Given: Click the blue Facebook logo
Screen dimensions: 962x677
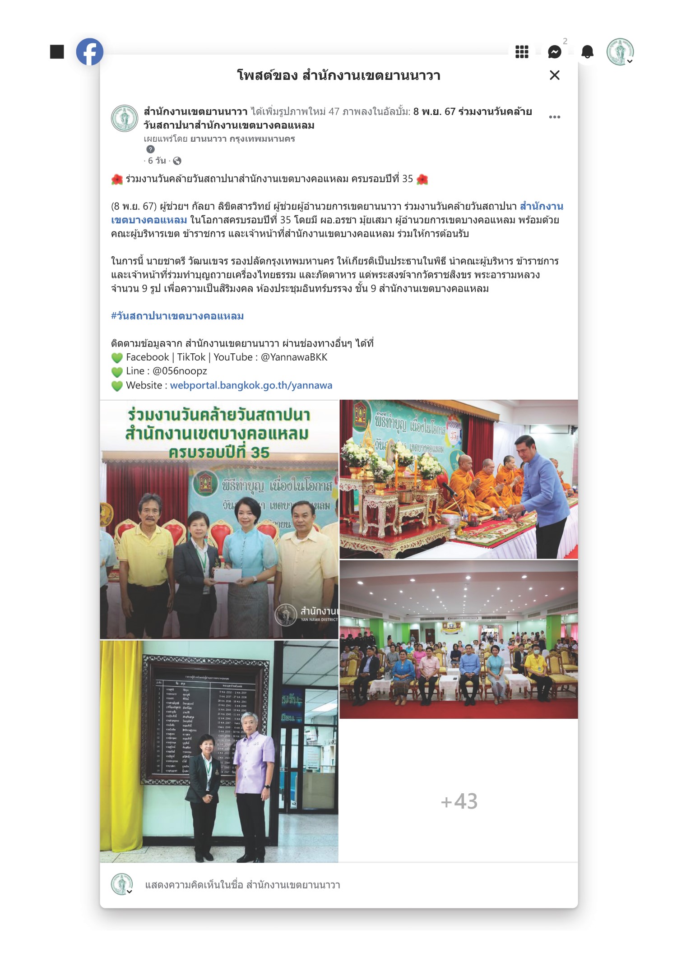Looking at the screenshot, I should (x=89, y=52).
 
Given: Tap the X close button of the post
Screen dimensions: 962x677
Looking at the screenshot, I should (x=555, y=75).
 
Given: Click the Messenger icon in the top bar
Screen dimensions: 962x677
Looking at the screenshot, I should (x=555, y=52).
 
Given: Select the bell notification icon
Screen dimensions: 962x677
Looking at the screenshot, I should (x=587, y=52).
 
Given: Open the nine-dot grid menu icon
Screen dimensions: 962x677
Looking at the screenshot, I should (x=522, y=52).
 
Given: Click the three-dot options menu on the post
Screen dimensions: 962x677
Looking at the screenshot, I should (x=555, y=117).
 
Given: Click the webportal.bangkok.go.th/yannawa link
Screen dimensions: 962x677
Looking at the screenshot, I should (x=251, y=385).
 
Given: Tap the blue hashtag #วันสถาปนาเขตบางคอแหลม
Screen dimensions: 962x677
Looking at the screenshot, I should (x=177, y=316).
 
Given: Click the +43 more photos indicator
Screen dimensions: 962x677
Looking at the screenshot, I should (x=459, y=801).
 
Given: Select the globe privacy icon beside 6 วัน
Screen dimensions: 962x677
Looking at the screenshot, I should (x=177, y=161).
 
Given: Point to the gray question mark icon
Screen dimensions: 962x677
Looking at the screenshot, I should (x=151, y=149).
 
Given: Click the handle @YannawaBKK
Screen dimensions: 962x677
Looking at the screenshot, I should (x=294, y=357).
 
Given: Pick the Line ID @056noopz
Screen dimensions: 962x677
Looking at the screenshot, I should (x=180, y=371).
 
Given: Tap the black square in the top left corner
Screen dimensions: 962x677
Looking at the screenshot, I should (x=57, y=52).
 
